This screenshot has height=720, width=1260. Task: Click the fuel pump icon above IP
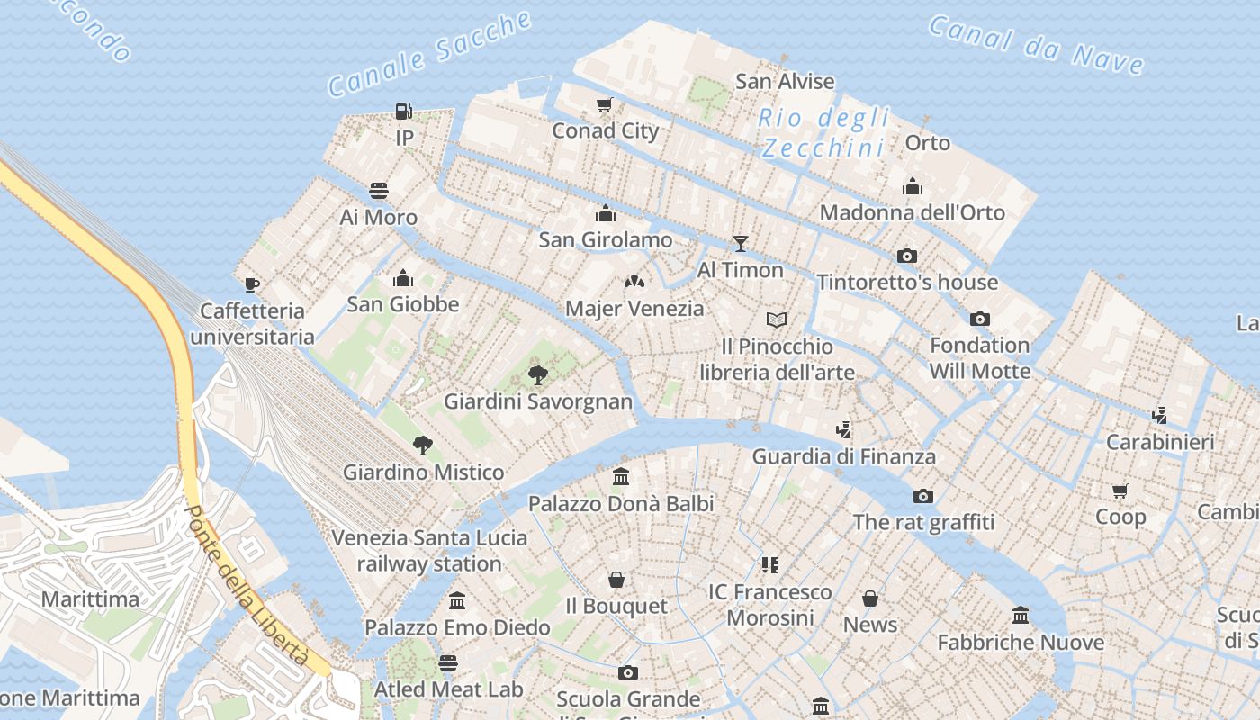point(404,112)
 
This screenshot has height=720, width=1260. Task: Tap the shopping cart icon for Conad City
point(605,105)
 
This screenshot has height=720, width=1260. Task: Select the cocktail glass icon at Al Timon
point(740,243)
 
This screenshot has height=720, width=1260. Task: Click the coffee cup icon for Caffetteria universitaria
point(252,285)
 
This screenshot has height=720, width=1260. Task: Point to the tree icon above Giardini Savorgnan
point(537,374)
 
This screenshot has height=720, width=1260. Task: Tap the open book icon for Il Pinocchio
point(777,319)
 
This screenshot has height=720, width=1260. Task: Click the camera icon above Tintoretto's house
point(907,256)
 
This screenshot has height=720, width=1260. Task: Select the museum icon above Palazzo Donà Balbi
point(621,477)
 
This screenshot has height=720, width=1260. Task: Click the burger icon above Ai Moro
point(379,191)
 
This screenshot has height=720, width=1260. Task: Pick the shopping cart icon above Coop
point(1120,490)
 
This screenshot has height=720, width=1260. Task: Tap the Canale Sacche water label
point(429,54)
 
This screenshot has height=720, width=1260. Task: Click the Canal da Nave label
point(1036,44)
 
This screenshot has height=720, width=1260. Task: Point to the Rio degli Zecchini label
point(823,132)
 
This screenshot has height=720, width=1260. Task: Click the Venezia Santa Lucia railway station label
point(429,551)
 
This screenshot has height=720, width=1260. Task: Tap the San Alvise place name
point(785,81)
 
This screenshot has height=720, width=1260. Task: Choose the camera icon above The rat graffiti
point(922,496)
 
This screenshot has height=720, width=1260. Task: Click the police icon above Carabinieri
point(1159,415)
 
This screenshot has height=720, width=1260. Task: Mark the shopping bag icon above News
point(870,598)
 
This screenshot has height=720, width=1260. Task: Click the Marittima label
point(91,599)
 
